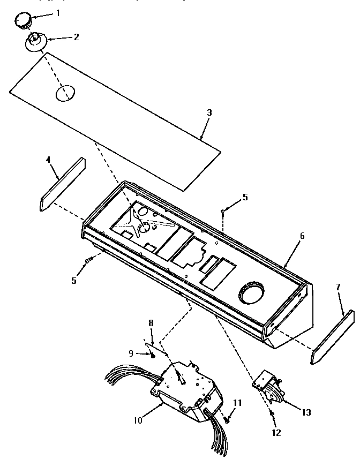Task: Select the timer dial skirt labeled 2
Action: (36, 42)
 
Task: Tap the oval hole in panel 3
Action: (65, 93)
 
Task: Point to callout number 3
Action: (209, 112)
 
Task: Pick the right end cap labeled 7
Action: (332, 337)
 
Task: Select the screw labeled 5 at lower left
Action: (88, 260)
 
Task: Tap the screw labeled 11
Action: (227, 419)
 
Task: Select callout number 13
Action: (306, 412)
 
